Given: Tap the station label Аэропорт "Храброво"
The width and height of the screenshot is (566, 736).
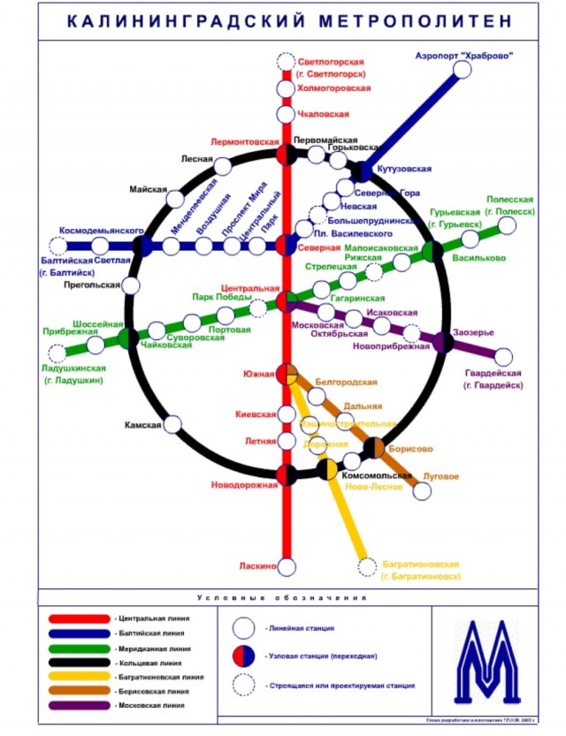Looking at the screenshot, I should tap(463, 57).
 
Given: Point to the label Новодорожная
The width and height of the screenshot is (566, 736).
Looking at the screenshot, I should tap(245, 485).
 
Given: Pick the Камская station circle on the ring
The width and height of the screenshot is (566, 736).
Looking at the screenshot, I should tap(173, 425).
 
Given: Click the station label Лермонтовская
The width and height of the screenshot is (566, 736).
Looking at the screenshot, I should tap(244, 142).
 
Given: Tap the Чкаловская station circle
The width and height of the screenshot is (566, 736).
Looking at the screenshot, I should tap(286, 115).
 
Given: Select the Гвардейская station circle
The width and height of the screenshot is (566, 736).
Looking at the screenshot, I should tap(503, 357).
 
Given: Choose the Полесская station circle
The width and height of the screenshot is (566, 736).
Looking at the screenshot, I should tap(507, 226).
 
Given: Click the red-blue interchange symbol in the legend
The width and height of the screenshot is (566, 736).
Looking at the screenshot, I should tap(245, 656).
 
